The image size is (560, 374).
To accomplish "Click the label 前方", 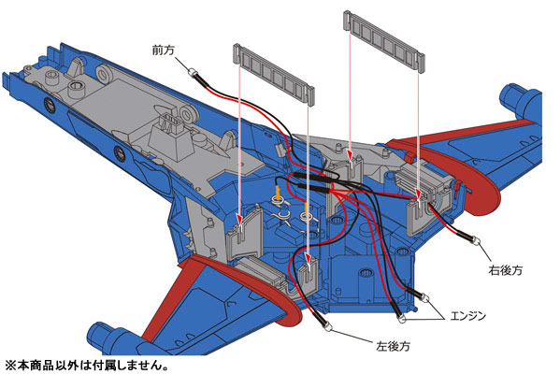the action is coord(164,50).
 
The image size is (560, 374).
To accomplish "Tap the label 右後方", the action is coord(505,270).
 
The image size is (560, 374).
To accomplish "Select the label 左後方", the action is coord(394,346).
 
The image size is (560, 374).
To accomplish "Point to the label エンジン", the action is coord(468,316).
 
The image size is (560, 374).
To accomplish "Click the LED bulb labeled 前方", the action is coord(194,73).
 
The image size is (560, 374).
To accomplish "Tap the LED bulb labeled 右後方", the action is coord(476,241).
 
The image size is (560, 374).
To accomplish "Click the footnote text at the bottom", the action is coord(86,366).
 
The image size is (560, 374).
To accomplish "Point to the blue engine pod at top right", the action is coord(523,101).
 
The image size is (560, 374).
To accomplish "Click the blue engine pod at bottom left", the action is coord(114,339).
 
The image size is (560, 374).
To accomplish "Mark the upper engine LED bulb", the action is coord(425,297).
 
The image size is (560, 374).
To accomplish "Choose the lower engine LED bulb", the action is coord(402,318).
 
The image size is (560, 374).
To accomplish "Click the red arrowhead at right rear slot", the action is coord(418,194).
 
